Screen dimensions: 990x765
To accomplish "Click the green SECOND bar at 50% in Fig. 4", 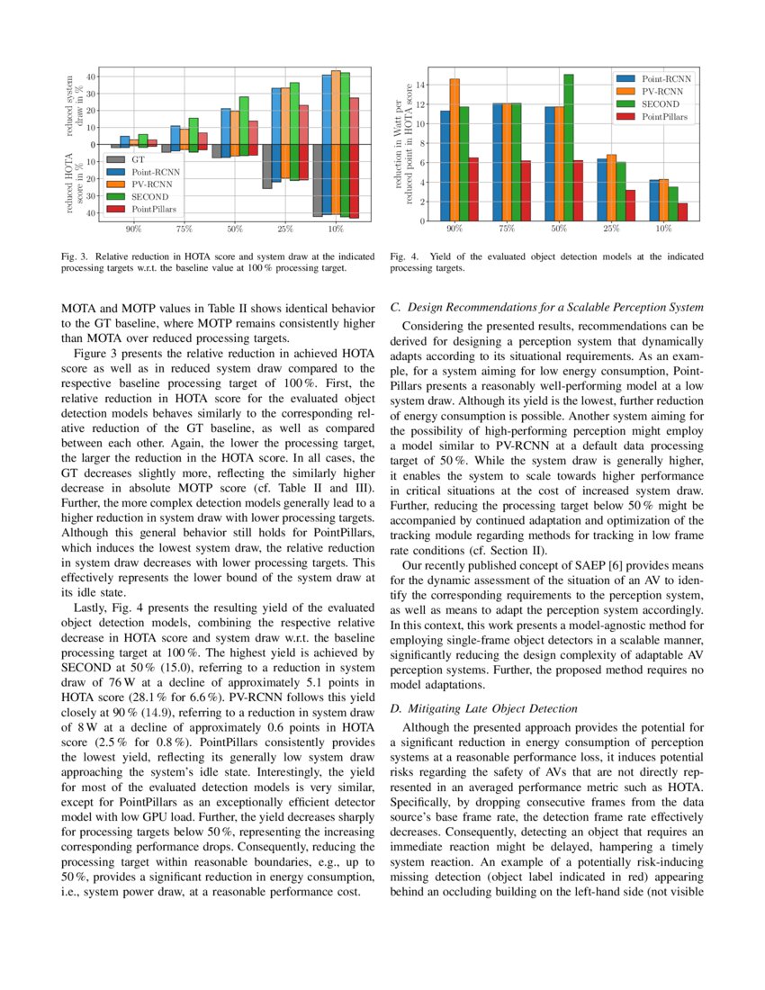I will (568, 148).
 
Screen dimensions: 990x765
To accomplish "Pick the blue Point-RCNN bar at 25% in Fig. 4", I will (601, 190).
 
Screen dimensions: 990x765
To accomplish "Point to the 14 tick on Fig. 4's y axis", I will (420, 85).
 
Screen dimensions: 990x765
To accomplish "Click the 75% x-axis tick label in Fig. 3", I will (184, 229).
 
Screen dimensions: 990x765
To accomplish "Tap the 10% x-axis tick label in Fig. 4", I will (664, 229).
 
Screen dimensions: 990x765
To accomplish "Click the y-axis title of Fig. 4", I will (402, 144).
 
